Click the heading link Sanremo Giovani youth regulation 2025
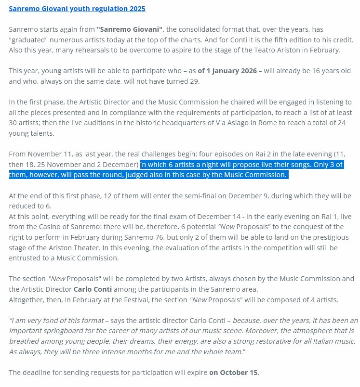tap(77, 9)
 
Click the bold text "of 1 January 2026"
tap(227, 71)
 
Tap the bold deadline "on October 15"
tap(234, 372)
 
